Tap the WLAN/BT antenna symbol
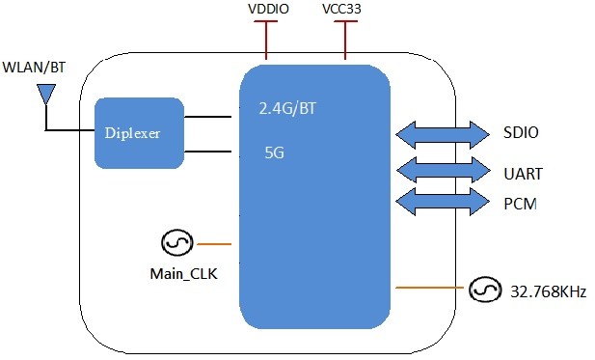click(44, 95)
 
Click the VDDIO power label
click(267, 11)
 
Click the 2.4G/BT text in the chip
click(286, 109)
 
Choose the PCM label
click(522, 206)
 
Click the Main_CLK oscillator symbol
click(178, 244)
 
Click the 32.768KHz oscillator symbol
click(483, 289)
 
